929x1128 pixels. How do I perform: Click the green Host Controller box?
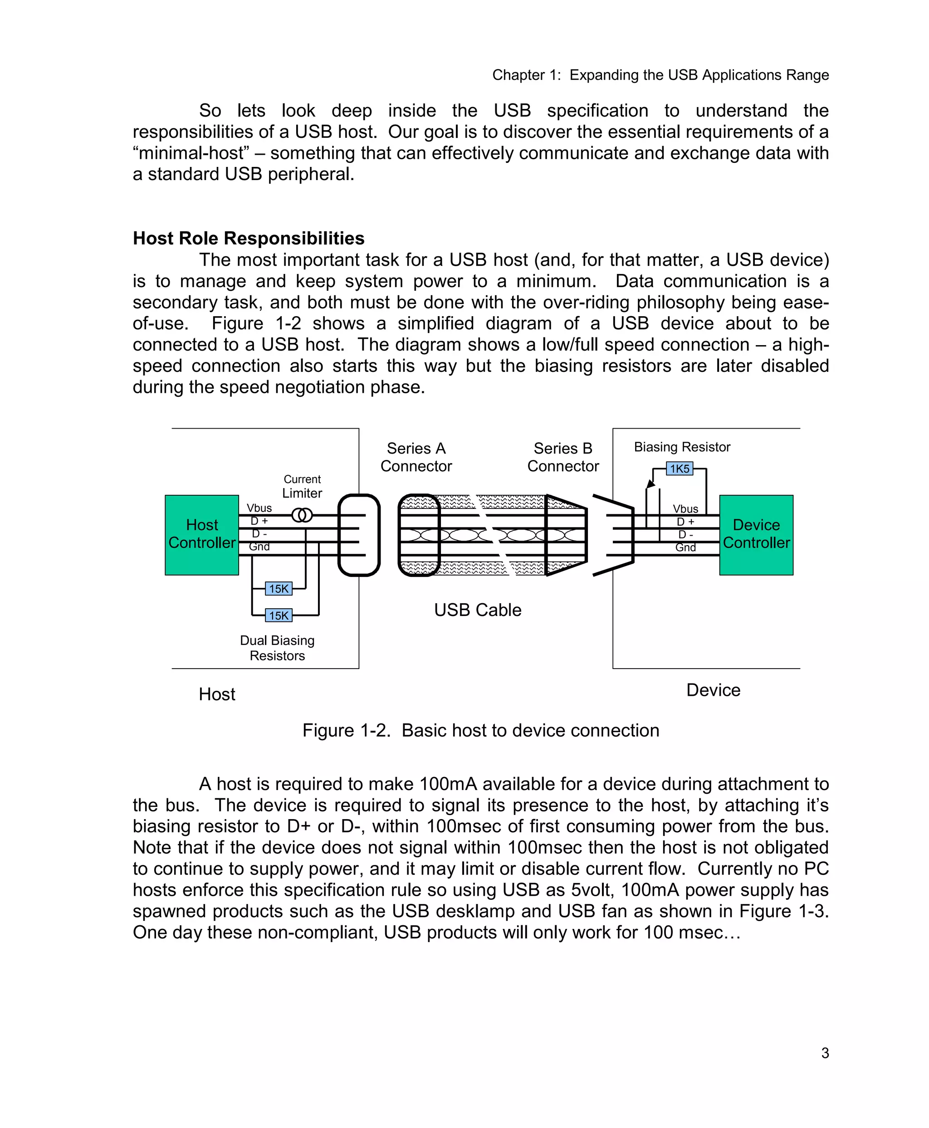[202, 535]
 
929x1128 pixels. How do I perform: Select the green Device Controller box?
[756, 535]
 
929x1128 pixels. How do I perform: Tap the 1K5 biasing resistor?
[679, 469]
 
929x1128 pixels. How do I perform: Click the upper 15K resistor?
[279, 589]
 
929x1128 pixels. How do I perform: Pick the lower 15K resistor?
[279, 615]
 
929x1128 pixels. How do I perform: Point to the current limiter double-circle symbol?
[302, 515]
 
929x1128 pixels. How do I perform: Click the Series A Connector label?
[416, 457]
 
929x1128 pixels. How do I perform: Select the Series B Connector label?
[563, 457]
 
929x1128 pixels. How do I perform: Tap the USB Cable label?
[477, 610]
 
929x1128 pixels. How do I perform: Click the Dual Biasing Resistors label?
[277, 648]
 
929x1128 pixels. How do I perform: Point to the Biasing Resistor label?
[682, 447]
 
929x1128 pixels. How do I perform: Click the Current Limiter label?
[303, 486]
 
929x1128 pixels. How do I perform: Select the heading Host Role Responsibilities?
[248, 238]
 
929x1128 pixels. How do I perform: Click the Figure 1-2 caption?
[480, 730]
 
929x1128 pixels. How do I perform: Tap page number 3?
[825, 1053]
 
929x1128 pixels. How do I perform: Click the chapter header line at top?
[660, 75]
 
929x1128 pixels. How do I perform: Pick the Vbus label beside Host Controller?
[259, 508]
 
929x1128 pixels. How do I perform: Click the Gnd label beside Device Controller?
[685, 547]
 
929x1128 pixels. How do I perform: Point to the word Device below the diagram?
[714, 690]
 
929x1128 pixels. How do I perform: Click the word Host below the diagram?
[217, 694]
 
